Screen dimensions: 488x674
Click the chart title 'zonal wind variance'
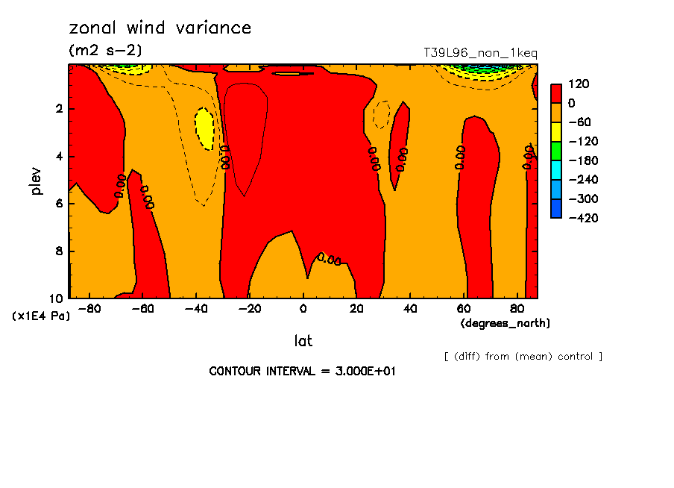tap(160, 28)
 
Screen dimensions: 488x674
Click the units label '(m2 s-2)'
tap(105, 50)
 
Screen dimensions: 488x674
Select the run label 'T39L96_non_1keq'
tap(480, 53)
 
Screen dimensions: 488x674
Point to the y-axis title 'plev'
tap(37, 181)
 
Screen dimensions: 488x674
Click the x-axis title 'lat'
tap(303, 341)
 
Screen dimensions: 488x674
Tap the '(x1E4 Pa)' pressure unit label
tap(41, 316)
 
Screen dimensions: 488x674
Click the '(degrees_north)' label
tap(505, 323)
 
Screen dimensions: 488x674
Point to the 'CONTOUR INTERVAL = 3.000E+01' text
tap(302, 371)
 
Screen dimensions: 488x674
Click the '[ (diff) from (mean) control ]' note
tap(523, 356)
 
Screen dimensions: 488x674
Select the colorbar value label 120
tap(579, 84)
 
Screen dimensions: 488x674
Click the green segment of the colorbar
tap(555, 151)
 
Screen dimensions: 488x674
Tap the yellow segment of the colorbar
tap(555, 131)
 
